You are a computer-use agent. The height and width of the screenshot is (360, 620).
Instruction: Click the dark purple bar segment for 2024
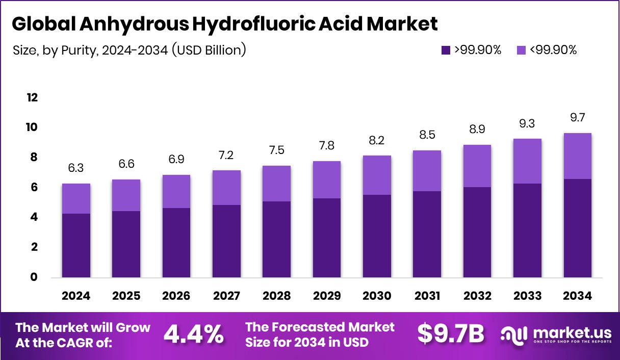[x=76, y=245]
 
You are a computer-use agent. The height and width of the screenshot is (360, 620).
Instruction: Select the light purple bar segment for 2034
[x=578, y=156]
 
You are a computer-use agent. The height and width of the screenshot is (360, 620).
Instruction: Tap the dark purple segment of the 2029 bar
[x=326, y=238]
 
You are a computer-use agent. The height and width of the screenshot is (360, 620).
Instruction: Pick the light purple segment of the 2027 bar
[x=226, y=188]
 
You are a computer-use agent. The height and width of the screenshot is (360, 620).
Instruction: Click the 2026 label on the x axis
[x=176, y=296]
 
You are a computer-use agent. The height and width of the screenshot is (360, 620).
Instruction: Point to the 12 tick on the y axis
[x=32, y=97]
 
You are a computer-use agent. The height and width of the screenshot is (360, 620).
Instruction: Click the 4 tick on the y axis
[x=34, y=217]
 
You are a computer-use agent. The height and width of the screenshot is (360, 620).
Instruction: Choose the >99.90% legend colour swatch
[x=446, y=50]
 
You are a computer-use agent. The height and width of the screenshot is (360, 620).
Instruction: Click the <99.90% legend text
[x=553, y=50]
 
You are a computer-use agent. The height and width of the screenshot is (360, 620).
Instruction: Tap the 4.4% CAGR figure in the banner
[x=193, y=335]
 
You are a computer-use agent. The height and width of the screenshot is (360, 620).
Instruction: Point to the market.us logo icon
[x=513, y=335]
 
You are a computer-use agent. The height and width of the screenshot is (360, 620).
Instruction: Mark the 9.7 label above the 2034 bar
[x=578, y=118]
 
